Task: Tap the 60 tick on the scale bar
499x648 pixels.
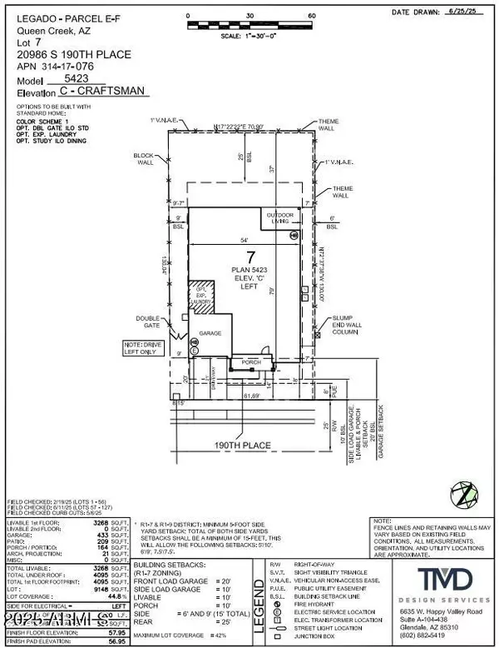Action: click(x=312, y=16)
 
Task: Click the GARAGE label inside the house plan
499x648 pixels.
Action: click(x=210, y=332)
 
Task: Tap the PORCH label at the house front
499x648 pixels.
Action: click(x=251, y=362)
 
